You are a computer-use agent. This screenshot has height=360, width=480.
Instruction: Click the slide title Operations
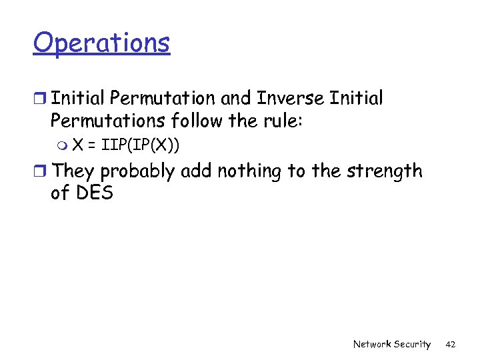[x=101, y=43]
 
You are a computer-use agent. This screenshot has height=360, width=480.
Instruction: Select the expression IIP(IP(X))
[x=141, y=145]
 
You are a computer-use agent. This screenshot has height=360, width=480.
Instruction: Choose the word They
[x=73, y=171]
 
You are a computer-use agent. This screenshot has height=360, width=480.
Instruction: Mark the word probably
[x=135, y=173]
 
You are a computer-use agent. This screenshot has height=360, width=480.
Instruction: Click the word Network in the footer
[x=371, y=344]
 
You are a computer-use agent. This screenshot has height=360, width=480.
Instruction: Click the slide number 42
[x=450, y=344]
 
